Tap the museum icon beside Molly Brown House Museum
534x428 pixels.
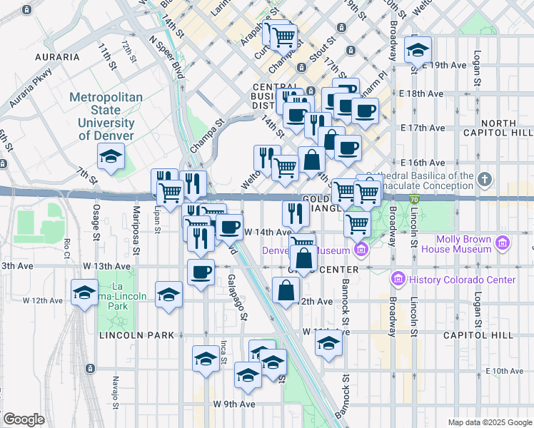click(503, 244)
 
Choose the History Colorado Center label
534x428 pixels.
click(462, 280)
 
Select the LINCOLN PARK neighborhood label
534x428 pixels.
click(127, 335)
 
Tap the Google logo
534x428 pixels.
click(24, 419)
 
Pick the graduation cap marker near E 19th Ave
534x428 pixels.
click(418, 50)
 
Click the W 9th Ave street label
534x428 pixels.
click(233, 404)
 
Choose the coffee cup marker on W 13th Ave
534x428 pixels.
click(201, 272)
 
